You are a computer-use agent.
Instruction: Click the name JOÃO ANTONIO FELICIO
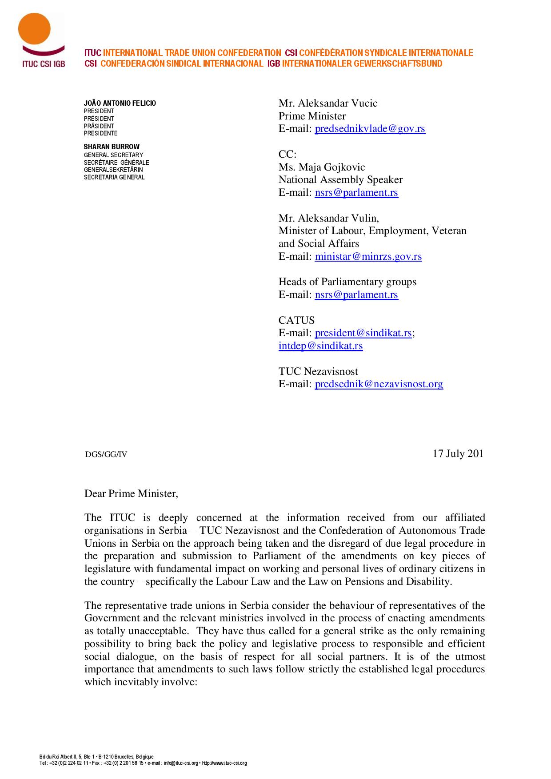pyautogui.click(x=120, y=103)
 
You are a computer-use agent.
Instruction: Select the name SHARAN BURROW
pyautogui.click(x=112, y=147)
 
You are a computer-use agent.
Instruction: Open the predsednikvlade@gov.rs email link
pyautogui.click(x=370, y=129)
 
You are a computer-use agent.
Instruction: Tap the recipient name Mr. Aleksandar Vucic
pyautogui.click(x=328, y=103)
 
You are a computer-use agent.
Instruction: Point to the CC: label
pyautogui.click(x=287, y=154)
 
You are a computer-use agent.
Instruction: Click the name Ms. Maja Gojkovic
pyautogui.click(x=322, y=167)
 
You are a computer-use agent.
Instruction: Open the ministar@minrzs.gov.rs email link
pyautogui.click(x=368, y=256)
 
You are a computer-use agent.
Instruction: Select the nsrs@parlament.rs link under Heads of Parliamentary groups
pyautogui.click(x=356, y=294)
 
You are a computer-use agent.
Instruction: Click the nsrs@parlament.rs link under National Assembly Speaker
pyautogui.click(x=356, y=192)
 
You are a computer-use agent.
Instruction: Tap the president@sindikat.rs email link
pyautogui.click(x=363, y=333)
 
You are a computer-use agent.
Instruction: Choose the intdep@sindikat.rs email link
pyautogui.click(x=320, y=346)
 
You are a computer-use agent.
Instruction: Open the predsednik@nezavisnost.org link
pyautogui.click(x=379, y=384)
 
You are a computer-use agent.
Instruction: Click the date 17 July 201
pyautogui.click(x=458, y=453)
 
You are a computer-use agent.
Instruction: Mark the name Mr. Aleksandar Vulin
pyautogui.click(x=328, y=218)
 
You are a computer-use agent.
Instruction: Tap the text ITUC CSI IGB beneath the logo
pyautogui.click(x=44, y=64)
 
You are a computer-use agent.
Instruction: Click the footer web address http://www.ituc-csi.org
pyautogui.click(x=224, y=763)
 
